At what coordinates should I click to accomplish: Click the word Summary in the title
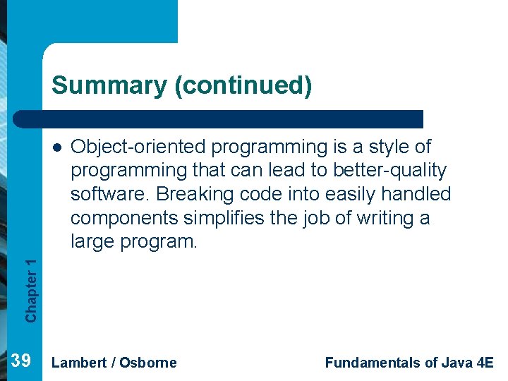pyautogui.click(x=108, y=85)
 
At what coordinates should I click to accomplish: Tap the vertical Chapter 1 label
pyautogui.click(x=31, y=290)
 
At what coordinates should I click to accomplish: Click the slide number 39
pyautogui.click(x=22, y=362)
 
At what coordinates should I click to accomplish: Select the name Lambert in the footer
pyautogui.click(x=79, y=363)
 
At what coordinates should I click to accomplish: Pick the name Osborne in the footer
pyautogui.click(x=148, y=363)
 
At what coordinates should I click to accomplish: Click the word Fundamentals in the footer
pyautogui.click(x=371, y=363)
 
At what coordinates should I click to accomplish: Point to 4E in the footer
pyautogui.click(x=485, y=363)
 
